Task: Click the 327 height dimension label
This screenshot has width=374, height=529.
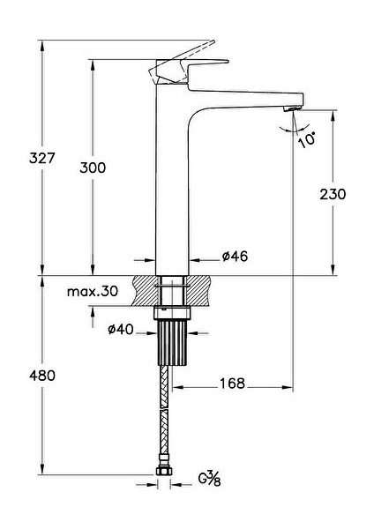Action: pos(41,158)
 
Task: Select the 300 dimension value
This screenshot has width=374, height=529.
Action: pos(93,168)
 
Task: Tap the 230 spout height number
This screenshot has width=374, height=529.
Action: pos(333,194)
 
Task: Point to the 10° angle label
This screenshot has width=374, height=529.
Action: pos(307,140)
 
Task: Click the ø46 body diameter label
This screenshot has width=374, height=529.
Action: pos(235,257)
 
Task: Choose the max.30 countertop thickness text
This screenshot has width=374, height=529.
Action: pos(93,291)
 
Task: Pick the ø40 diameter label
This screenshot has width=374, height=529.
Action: pos(121,329)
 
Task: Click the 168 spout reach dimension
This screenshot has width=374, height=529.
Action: pos(232,384)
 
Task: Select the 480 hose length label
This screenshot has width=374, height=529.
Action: pos(41,376)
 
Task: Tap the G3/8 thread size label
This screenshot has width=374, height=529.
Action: pos(209,479)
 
